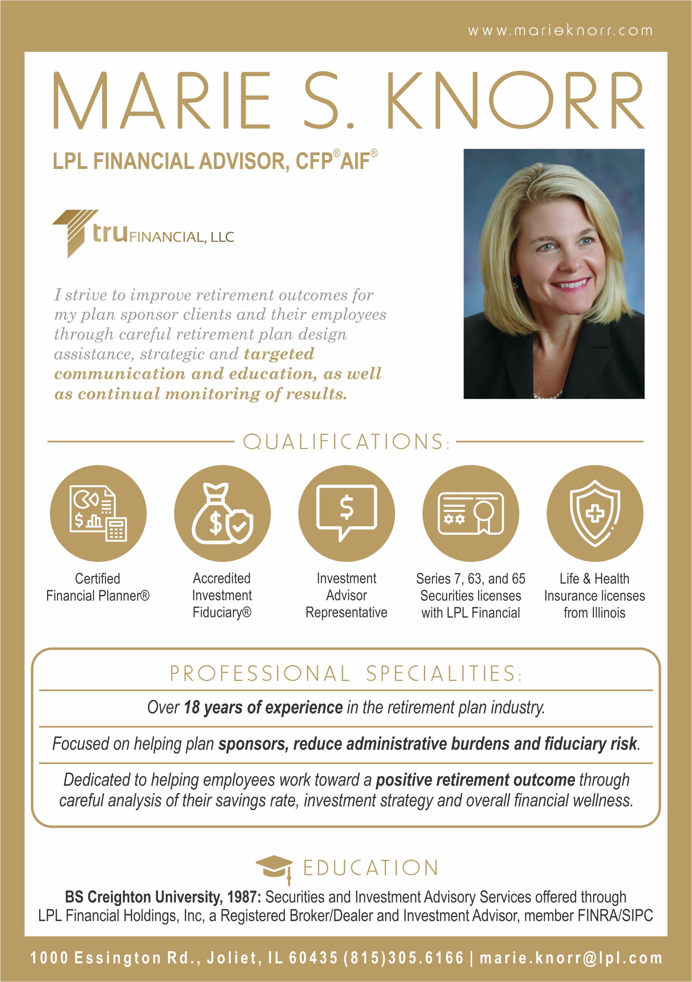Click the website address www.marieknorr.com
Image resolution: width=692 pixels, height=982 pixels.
[x=560, y=31]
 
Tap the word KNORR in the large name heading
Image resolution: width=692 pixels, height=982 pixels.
[x=515, y=101]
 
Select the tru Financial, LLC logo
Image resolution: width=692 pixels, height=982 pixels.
[x=143, y=233]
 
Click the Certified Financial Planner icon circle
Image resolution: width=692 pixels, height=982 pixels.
[x=98, y=513]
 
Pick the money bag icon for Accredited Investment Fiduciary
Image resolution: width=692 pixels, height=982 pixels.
[x=222, y=513]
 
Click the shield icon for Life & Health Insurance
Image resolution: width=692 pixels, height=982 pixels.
[x=595, y=513]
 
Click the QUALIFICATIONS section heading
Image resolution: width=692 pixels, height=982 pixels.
[x=345, y=442]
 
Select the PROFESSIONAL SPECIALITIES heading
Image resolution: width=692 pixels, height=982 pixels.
[x=345, y=674]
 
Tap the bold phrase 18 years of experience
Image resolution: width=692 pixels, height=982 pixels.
[x=263, y=708]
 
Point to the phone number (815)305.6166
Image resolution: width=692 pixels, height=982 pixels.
[x=403, y=958]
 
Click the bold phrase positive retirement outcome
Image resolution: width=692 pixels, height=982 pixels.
[x=475, y=780]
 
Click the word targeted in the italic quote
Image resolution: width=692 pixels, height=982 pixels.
[x=279, y=354]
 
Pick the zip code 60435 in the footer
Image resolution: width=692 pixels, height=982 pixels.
[x=313, y=958]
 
